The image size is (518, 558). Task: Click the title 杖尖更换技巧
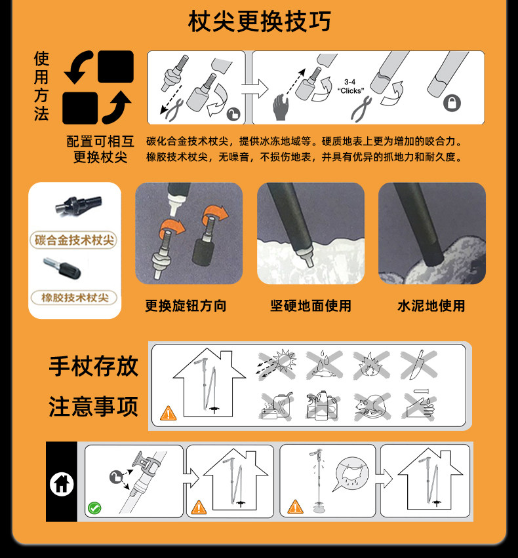(x=259, y=21)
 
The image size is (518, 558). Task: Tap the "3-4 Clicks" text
(x=351, y=86)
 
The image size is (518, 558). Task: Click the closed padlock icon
(x=452, y=103)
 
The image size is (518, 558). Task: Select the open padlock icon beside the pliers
(x=233, y=114)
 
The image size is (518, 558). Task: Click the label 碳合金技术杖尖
(x=74, y=240)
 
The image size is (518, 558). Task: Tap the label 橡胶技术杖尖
(x=75, y=297)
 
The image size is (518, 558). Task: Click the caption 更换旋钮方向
(x=186, y=306)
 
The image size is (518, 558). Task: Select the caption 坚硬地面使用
(x=310, y=306)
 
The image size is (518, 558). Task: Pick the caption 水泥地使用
(x=431, y=306)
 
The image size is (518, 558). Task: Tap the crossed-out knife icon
(x=418, y=364)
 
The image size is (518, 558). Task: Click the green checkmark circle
(x=94, y=508)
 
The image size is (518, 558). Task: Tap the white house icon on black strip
(x=62, y=483)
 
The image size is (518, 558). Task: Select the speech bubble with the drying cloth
(x=350, y=472)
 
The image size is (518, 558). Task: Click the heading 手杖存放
(x=93, y=366)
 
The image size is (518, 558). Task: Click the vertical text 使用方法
(x=41, y=86)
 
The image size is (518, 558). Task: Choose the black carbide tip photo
(x=79, y=205)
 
